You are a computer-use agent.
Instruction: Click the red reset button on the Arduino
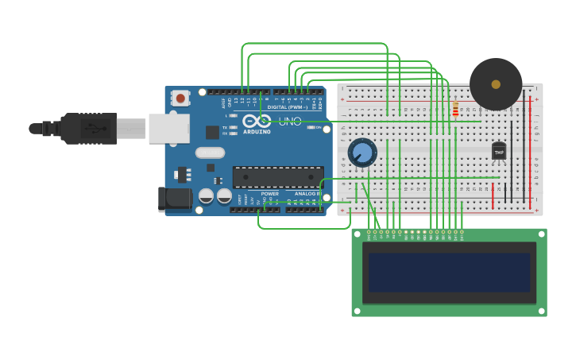point(180,99)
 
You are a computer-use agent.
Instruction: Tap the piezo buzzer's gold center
point(496,83)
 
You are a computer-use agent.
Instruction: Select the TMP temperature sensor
point(499,150)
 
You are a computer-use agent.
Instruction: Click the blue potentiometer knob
point(362,152)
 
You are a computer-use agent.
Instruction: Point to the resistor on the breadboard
point(455,109)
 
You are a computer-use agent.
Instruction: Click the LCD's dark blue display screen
point(449,273)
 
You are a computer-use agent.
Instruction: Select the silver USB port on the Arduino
point(168,129)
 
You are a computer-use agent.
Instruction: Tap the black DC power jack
point(174,199)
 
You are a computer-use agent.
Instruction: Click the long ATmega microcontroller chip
point(277,177)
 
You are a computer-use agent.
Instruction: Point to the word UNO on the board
point(290,122)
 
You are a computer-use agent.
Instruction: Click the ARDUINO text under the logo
point(257,132)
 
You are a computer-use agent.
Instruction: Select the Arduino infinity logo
point(257,121)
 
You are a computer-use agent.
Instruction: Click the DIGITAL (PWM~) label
point(288,106)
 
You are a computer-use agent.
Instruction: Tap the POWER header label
point(270,193)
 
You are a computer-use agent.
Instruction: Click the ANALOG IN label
point(307,193)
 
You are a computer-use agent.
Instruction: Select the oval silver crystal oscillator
point(210,153)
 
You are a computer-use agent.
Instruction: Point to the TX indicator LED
point(233,127)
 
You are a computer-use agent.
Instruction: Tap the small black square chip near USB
point(212,132)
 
